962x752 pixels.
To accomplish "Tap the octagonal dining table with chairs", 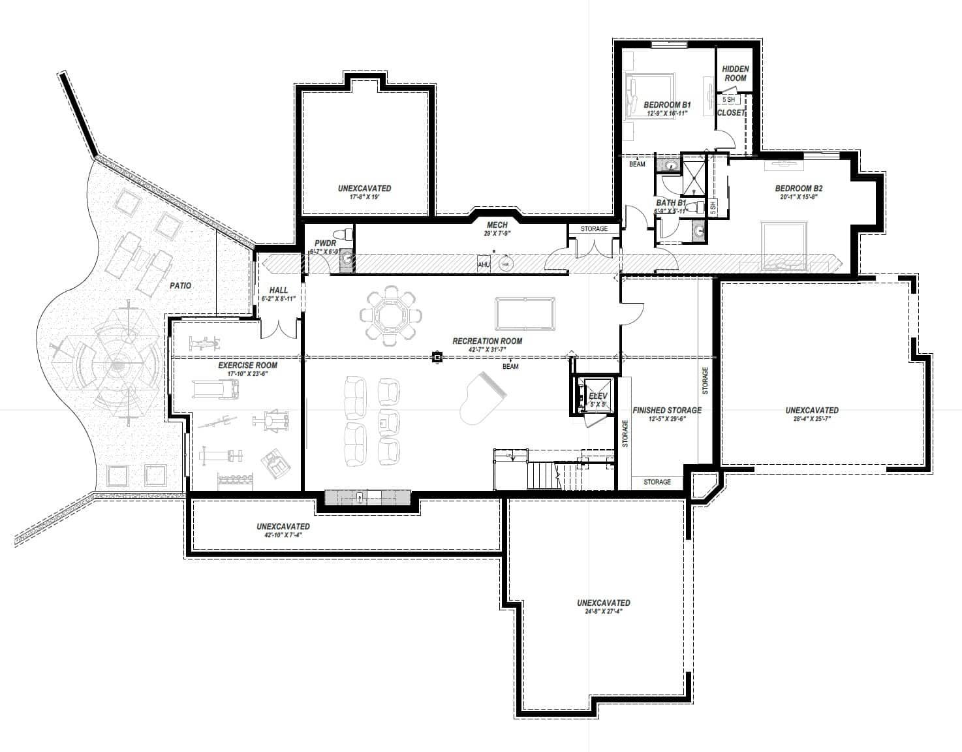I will click(x=390, y=313).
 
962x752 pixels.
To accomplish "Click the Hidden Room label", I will click(x=736, y=73).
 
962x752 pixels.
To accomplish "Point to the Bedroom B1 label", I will click(x=667, y=104).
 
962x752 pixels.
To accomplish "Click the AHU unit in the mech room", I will click(x=484, y=264).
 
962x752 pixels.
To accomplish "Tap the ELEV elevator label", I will click(x=598, y=396).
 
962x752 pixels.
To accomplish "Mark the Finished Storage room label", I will click(x=667, y=411).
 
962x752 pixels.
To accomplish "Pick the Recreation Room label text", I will click(x=488, y=341).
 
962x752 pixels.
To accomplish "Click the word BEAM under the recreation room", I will click(x=510, y=367).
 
